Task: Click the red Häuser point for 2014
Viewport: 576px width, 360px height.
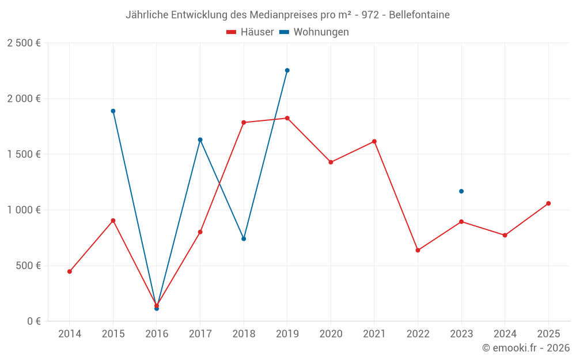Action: coord(70,271)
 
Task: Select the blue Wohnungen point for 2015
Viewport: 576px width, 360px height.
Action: coord(113,111)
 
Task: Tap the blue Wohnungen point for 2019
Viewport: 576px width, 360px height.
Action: coord(287,70)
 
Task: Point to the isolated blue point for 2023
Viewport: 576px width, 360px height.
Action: coord(461,191)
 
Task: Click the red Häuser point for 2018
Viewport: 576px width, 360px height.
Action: coord(244,122)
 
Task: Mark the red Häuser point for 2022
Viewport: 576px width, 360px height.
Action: coord(418,250)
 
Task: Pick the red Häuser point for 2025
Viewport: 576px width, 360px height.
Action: coord(548,203)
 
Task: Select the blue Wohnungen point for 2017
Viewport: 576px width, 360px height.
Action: coord(200,139)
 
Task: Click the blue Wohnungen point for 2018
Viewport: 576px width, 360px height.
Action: coord(244,239)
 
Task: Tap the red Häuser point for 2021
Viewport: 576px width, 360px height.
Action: coord(374,142)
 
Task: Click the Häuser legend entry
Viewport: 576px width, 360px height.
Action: coord(250,32)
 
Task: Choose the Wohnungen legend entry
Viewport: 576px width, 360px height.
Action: coord(314,32)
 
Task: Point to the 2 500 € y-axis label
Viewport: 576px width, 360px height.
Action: coord(24,43)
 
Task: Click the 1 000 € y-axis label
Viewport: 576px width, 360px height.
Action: coord(24,210)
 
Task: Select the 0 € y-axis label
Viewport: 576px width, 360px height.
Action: coord(34,321)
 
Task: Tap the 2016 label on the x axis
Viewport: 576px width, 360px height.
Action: coord(157,334)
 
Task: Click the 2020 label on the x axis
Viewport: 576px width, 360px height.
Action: coord(331,334)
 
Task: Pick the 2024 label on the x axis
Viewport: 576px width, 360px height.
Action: coord(505,334)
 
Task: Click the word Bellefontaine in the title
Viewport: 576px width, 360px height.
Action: coord(419,15)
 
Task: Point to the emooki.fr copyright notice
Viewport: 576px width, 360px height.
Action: coord(526,347)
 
